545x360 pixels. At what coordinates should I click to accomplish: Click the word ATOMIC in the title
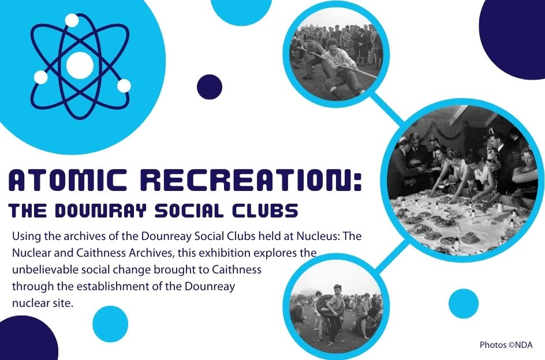point(68,180)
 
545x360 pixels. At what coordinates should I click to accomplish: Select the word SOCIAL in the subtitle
point(189,211)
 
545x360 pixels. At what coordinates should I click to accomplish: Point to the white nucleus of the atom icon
point(80,65)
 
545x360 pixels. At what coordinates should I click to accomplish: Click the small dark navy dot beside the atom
point(210,87)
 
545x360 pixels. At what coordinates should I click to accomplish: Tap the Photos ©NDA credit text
point(506,345)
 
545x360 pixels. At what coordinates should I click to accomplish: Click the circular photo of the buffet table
point(462,181)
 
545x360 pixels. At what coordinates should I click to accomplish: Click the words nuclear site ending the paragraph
point(43,303)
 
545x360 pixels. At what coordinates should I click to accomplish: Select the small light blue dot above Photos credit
point(464,303)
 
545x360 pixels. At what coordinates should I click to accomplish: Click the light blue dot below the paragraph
point(110,324)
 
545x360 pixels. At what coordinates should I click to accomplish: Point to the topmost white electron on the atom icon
point(72,20)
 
